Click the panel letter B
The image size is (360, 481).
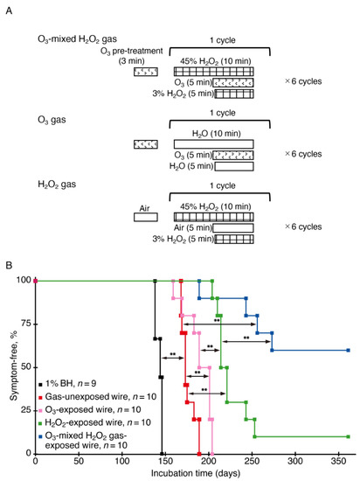(x=12, y=262)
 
